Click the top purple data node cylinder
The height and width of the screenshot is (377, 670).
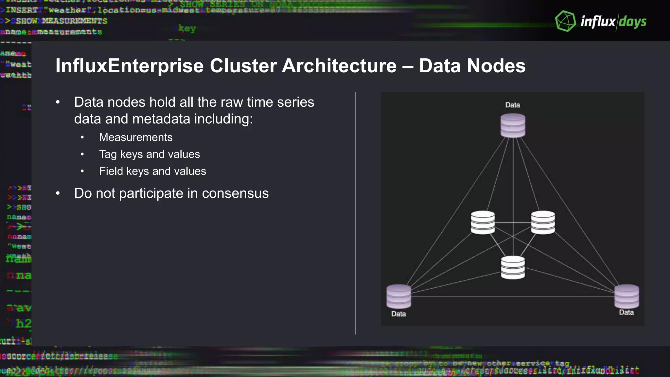(513, 125)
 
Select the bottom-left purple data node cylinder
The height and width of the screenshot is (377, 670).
(398, 296)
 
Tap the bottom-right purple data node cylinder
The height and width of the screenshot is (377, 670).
(626, 296)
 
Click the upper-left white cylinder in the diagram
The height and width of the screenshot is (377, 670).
(483, 223)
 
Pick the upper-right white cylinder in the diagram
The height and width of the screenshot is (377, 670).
(543, 223)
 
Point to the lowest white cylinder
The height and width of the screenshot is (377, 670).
(513, 267)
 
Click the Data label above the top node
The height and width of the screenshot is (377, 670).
(512, 105)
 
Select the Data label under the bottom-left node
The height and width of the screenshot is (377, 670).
(398, 314)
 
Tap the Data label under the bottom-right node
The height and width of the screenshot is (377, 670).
(626, 313)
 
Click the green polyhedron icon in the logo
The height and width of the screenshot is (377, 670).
(565, 21)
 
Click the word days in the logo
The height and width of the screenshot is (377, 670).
(632, 22)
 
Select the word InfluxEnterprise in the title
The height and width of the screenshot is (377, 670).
(129, 66)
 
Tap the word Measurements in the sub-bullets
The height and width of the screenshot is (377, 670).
(136, 137)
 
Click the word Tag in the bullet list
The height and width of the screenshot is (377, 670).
(108, 154)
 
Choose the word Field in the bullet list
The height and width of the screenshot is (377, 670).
(111, 171)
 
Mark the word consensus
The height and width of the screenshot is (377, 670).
(235, 193)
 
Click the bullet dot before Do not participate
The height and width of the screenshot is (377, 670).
(58, 193)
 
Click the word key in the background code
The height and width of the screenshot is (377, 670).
(187, 28)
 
